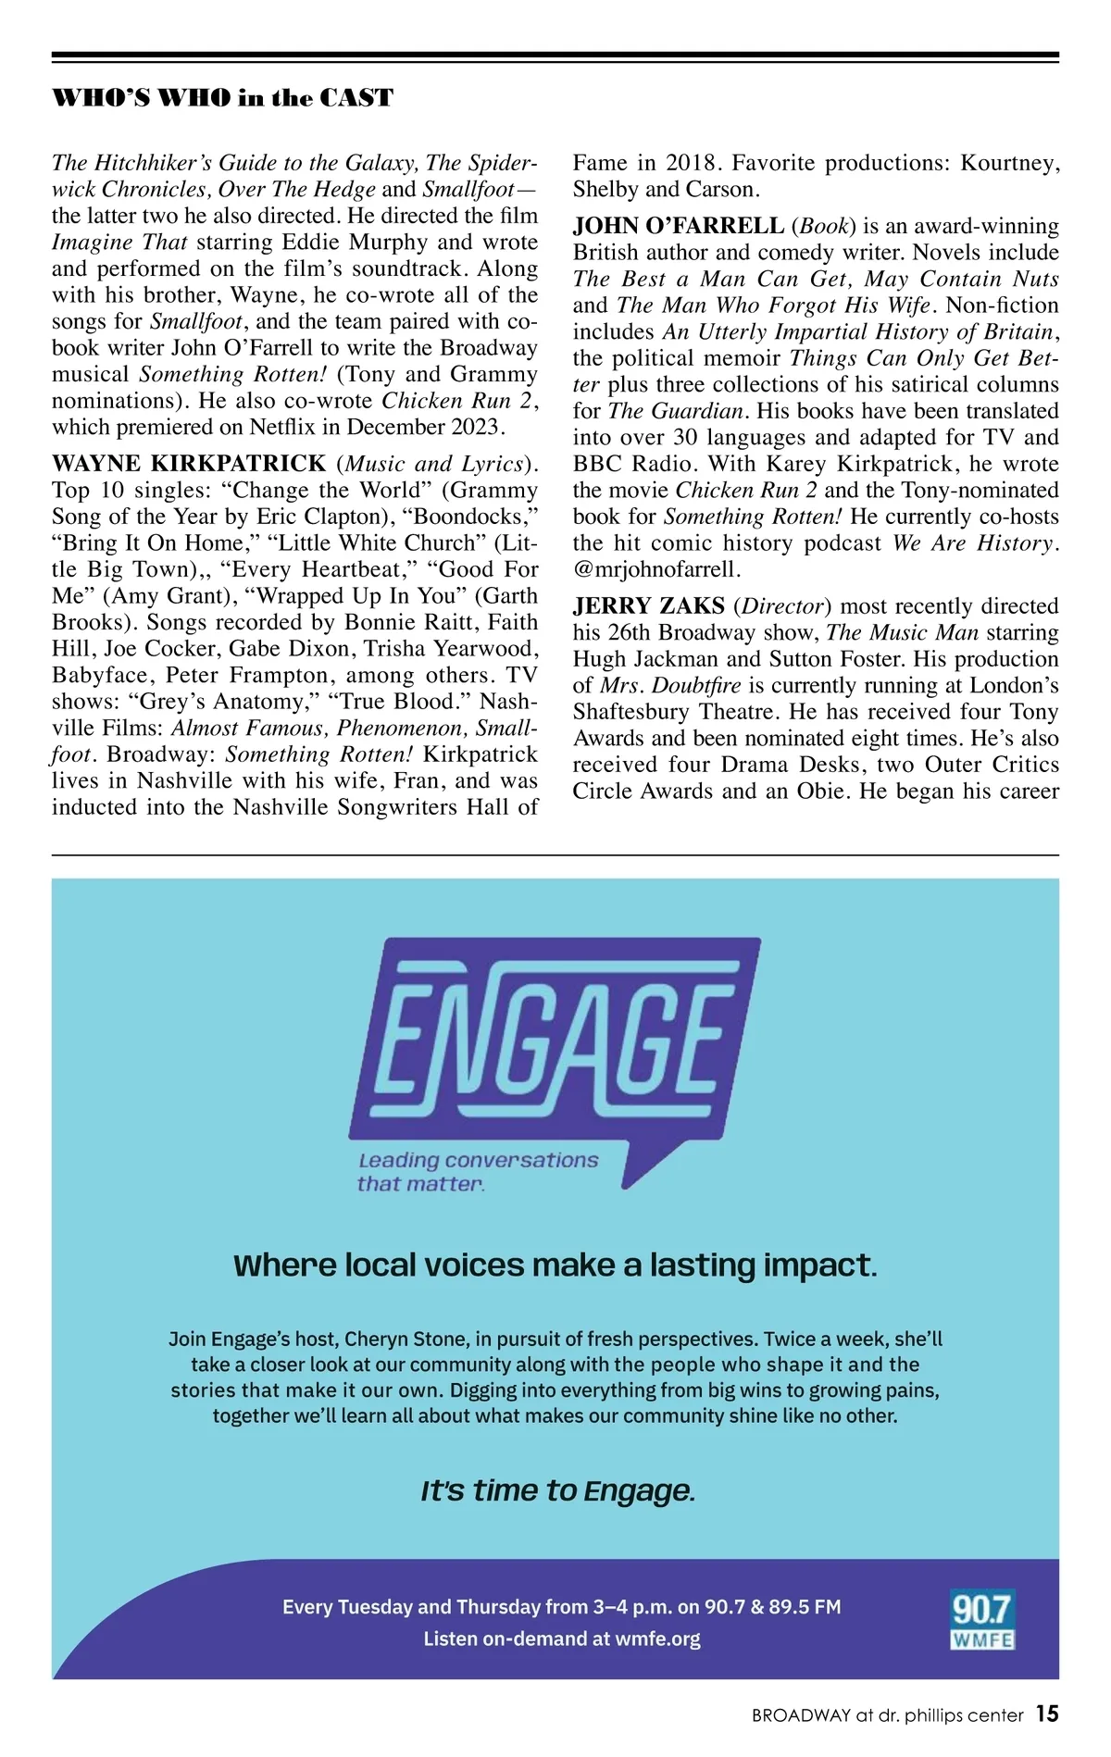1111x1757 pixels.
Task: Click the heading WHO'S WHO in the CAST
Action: (x=222, y=98)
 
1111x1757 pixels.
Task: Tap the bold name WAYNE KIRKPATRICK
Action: (x=189, y=464)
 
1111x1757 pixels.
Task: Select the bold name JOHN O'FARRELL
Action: (x=678, y=226)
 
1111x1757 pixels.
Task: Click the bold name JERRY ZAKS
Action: (x=648, y=606)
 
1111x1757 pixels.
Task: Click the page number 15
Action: (x=1046, y=1714)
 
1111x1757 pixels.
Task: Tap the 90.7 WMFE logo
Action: (x=982, y=1619)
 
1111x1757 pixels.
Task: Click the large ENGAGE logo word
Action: (x=554, y=1037)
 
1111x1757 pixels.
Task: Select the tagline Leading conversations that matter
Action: (x=477, y=1171)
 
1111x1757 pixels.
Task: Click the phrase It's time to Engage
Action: (x=557, y=1491)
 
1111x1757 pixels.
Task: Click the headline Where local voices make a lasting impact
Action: (x=555, y=1265)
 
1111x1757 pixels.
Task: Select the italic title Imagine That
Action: (x=119, y=243)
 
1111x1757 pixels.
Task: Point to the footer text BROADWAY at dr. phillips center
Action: (x=887, y=1715)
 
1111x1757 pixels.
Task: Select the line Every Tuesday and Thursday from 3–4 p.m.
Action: (x=561, y=1607)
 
